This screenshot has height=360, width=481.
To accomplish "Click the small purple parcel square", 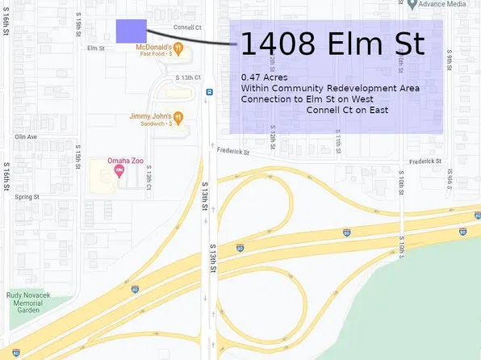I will tap(131, 31).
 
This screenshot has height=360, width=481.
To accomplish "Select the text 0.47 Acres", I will tap(264, 77).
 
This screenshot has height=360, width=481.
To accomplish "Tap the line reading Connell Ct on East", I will tap(349, 109).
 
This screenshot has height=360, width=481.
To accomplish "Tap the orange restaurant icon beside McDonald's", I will tap(178, 48).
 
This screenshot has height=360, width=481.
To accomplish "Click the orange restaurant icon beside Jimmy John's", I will tap(178, 117).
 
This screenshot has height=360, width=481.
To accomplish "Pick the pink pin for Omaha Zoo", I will tap(119, 170).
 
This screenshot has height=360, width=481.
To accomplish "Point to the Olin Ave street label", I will tap(26, 136).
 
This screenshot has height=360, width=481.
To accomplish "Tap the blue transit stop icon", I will tap(209, 92).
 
